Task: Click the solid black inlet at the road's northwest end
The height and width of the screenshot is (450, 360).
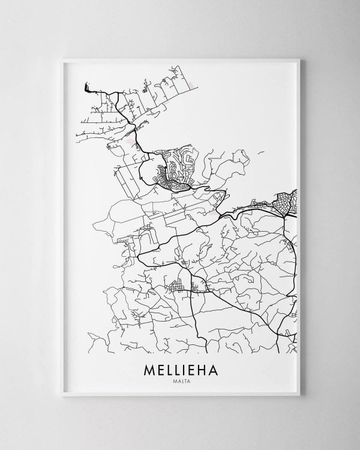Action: (88, 89)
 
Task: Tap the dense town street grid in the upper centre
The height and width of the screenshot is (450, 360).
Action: (174, 174)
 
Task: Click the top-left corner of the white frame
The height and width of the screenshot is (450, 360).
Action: (63, 58)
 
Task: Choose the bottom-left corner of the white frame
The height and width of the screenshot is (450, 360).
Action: (63, 399)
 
